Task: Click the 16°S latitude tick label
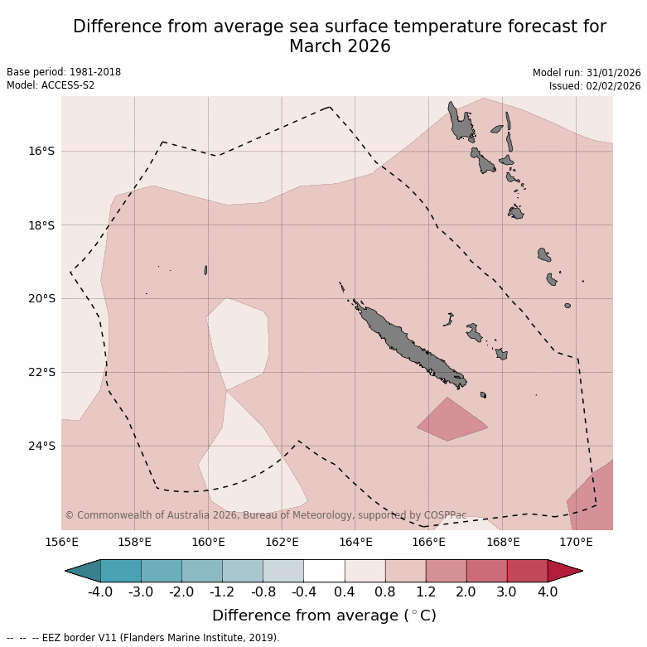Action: tap(41, 152)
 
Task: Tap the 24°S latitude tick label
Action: tap(41, 446)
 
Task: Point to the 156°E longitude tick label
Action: tap(61, 543)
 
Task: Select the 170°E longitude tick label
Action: tap(576, 543)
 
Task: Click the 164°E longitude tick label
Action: tap(355, 543)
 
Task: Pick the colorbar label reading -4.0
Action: tap(100, 592)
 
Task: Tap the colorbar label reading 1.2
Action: tap(426, 592)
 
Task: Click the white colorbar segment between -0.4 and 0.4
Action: tap(324, 571)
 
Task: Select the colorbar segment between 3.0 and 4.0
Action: tap(527, 571)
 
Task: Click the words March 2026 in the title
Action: tap(340, 47)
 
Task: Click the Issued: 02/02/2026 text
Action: tap(595, 85)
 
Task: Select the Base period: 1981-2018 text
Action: tap(64, 72)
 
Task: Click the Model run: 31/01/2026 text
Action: tap(587, 73)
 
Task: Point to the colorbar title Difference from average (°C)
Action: tap(324, 616)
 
